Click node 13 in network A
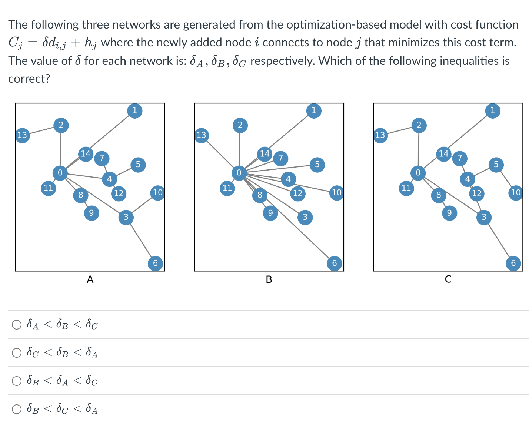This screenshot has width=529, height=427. tap(22, 135)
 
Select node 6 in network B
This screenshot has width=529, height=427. tap(334, 263)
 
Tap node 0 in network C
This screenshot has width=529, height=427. tap(418, 173)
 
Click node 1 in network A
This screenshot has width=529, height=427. tap(135, 110)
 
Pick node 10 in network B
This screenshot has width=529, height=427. tap(336, 193)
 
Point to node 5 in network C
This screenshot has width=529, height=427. tap(496, 165)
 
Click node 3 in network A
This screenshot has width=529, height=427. tap(126, 217)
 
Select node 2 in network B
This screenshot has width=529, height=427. tap(240, 125)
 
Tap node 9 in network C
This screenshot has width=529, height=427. tap(449, 213)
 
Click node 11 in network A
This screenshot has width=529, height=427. tap(48, 188)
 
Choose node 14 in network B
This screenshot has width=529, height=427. tap(264, 154)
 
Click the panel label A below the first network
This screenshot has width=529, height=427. tap(90, 279)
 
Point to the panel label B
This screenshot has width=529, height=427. tap(269, 279)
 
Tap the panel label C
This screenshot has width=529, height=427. tap(448, 279)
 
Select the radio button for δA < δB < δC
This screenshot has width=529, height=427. tap(17, 325)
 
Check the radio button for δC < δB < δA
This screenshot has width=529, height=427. tap(17, 353)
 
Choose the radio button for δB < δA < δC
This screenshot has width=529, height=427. tap(17, 381)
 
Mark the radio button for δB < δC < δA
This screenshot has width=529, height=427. tap(17, 409)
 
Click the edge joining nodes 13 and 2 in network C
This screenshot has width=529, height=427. tap(399, 130)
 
